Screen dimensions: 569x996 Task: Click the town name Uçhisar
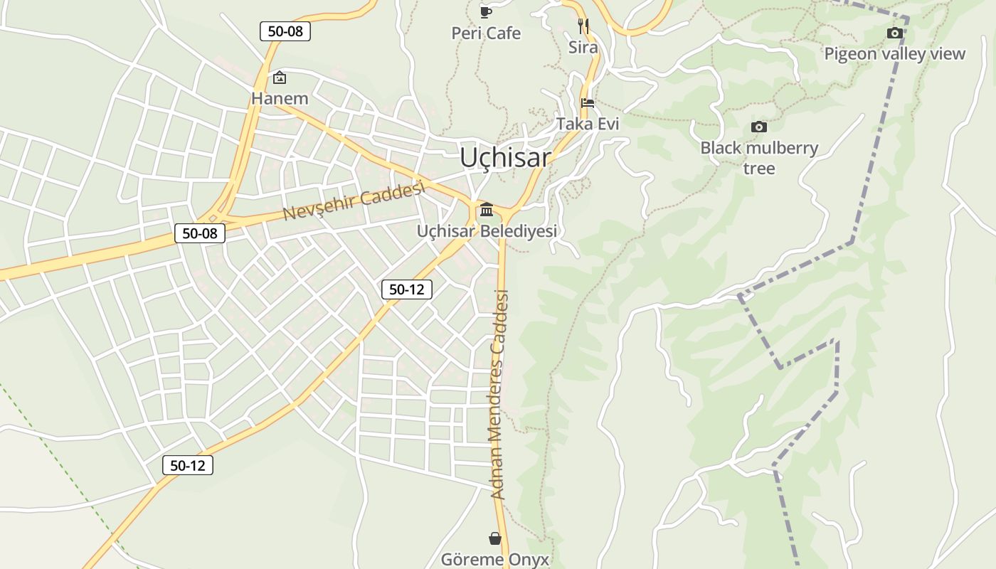[x=505, y=157]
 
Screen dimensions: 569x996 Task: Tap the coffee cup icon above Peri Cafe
[x=486, y=11]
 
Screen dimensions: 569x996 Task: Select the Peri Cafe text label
[x=486, y=33]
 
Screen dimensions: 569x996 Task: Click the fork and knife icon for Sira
[x=583, y=26]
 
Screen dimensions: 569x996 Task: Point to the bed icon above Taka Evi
[x=588, y=103]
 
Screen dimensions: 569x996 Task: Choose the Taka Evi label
[x=588, y=124]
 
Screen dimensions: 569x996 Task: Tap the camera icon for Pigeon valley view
[x=895, y=33]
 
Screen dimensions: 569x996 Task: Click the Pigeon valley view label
[x=895, y=54]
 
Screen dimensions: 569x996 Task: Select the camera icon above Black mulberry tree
[x=759, y=127]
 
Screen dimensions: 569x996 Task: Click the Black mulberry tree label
[x=759, y=158]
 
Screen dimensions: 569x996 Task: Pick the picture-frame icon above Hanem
[x=280, y=78]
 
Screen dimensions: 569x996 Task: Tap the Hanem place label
[x=280, y=99]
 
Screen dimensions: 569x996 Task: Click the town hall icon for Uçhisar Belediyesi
[x=487, y=209]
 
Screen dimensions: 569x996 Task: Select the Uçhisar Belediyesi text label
[x=487, y=231]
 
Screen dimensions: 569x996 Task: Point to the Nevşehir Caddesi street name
[x=354, y=201]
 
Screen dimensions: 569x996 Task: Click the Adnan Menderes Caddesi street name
[x=500, y=395]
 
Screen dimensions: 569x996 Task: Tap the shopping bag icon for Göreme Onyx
[x=495, y=538]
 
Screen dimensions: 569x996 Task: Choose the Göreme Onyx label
[x=495, y=560]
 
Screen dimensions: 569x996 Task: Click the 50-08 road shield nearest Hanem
[x=285, y=31]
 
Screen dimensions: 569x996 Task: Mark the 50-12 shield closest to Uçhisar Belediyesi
[x=407, y=289]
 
